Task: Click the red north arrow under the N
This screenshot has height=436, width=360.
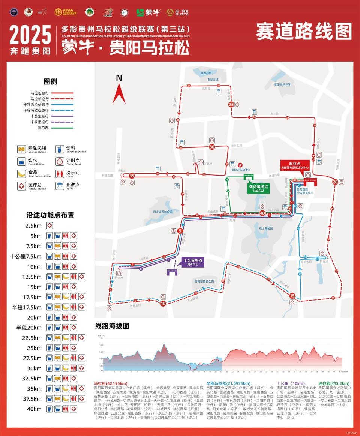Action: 119,94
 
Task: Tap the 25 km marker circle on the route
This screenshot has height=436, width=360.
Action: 231,104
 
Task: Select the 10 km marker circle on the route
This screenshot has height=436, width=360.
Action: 163,304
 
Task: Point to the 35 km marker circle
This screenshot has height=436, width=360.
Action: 132,176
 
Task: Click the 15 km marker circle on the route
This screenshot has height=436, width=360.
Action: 292,296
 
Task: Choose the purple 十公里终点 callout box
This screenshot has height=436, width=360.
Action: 193,262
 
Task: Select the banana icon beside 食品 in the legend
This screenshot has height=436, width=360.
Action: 21,174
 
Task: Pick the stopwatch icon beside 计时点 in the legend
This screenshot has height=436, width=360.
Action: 60,161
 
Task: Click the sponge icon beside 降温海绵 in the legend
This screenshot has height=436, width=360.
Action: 21,149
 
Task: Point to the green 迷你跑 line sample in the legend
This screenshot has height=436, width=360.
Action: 62,128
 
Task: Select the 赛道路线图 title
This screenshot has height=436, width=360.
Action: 304,32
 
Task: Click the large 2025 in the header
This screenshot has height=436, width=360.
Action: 30,35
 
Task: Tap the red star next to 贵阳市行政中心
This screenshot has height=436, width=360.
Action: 240,165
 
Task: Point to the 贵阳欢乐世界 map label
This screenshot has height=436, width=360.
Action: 282,84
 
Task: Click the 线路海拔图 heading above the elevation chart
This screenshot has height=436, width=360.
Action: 112,326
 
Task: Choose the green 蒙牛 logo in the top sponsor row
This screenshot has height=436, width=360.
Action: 148,12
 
